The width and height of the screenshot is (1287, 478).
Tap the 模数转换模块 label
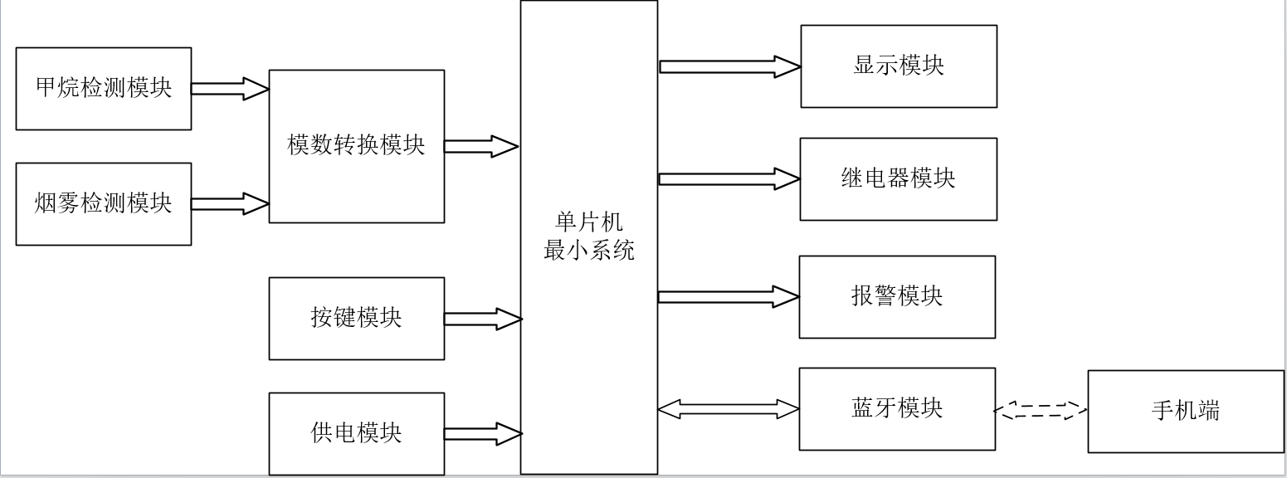pos(356,144)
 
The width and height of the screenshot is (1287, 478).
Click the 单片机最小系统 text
pos(589,237)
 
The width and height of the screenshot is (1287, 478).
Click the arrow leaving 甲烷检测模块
pos(231,89)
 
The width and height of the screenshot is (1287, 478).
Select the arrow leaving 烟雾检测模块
pos(231,204)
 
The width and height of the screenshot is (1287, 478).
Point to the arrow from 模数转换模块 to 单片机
pos(481,147)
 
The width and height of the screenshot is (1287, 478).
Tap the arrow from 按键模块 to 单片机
pos(483,319)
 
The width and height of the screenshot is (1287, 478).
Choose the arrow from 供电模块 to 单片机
pos(483,434)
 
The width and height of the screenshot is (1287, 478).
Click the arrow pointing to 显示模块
pos(730,66)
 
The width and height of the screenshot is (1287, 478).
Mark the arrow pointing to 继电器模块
pos(729,179)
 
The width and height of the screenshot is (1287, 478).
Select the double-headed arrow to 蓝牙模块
pos(729,409)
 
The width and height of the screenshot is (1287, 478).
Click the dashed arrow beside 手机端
pos(1041,410)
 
